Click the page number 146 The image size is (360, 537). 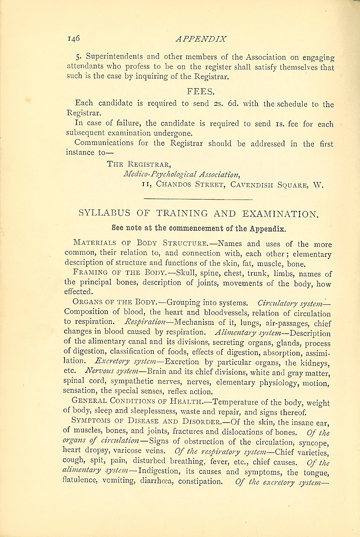pyautogui.click(x=74, y=38)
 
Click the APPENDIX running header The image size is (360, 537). pyautogui.click(x=201, y=39)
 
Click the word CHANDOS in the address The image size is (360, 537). pyautogui.click(x=174, y=185)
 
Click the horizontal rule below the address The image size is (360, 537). pyautogui.click(x=198, y=199)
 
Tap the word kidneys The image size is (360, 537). pyautogui.click(x=314, y=363)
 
